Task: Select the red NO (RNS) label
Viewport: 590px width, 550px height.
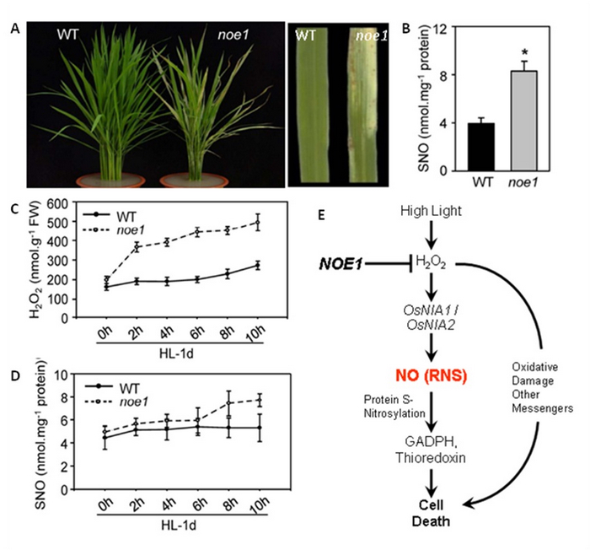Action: (x=437, y=374)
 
